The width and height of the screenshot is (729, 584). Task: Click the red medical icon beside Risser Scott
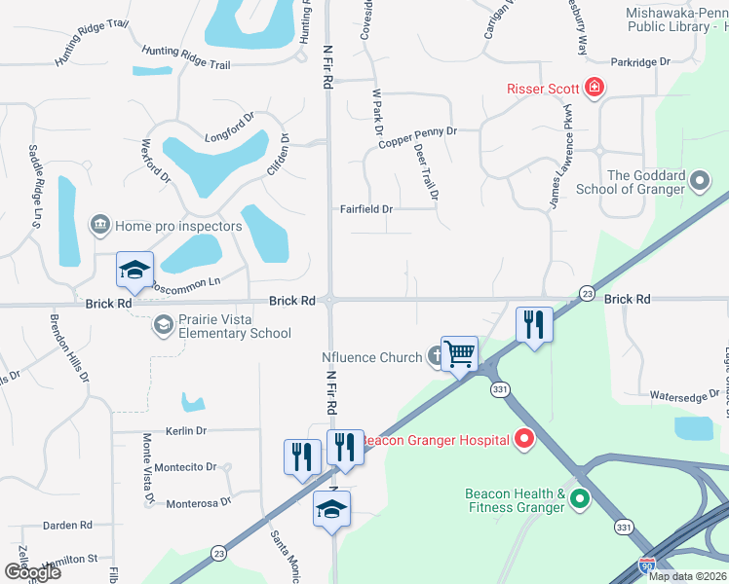point(594,89)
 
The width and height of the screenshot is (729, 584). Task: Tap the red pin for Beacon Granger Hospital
point(524,440)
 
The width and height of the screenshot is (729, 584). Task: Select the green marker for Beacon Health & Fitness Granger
point(580,500)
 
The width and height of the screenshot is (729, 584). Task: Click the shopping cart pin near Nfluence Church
point(459,354)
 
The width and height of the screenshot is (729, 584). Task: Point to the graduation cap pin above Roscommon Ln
point(134,270)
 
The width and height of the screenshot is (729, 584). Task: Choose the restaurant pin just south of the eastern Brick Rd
point(534,324)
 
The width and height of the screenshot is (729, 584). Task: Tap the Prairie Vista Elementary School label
point(234,326)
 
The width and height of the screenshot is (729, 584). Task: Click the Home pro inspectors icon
point(99,226)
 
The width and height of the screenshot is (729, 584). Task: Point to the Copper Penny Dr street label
point(417,130)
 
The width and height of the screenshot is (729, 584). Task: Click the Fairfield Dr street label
point(365,209)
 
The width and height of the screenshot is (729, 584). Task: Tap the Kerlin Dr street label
point(186,430)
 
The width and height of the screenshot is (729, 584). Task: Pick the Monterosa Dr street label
point(198,502)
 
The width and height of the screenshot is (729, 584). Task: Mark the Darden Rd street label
point(67,526)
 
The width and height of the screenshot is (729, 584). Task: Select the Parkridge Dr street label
point(640,62)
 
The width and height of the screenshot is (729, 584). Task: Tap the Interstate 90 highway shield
point(647,565)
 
